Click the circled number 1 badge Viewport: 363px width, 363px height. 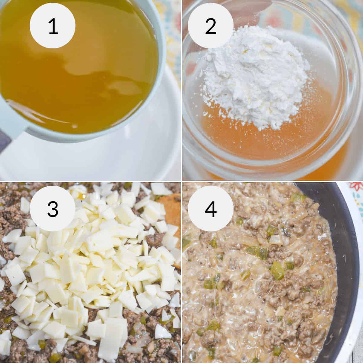tap(52, 26)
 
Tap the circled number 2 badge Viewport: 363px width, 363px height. tap(211, 26)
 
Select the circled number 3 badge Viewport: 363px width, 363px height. tap(52, 209)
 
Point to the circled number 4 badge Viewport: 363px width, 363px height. tap(211, 209)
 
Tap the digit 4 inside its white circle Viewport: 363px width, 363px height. tap(211, 209)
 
